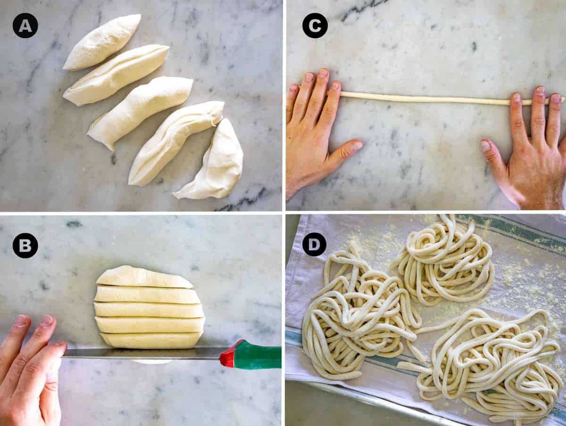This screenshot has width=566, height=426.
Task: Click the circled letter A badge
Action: pyautogui.click(x=25, y=25)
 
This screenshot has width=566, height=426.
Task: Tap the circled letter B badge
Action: pyautogui.click(x=25, y=246)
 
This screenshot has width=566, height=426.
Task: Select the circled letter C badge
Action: pyautogui.click(x=315, y=25)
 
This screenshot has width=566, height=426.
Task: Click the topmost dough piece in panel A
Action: pyautogui.click(x=102, y=42)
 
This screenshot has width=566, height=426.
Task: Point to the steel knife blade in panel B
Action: pyautogui.click(x=142, y=353)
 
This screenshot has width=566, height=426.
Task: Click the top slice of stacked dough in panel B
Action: pyautogui.click(x=144, y=278)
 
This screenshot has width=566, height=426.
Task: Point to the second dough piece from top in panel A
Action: pyautogui.click(x=116, y=75)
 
